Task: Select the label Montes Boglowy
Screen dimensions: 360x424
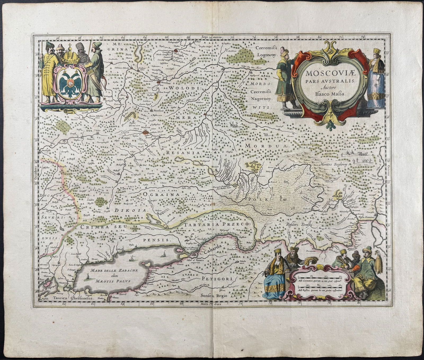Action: tap(335, 164)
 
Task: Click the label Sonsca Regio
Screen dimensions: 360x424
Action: tap(214, 296)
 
